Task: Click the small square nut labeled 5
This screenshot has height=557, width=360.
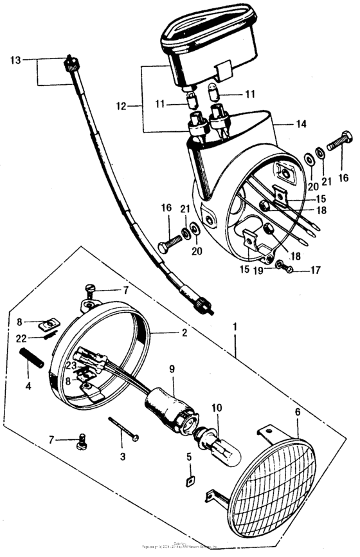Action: click(190, 479)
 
